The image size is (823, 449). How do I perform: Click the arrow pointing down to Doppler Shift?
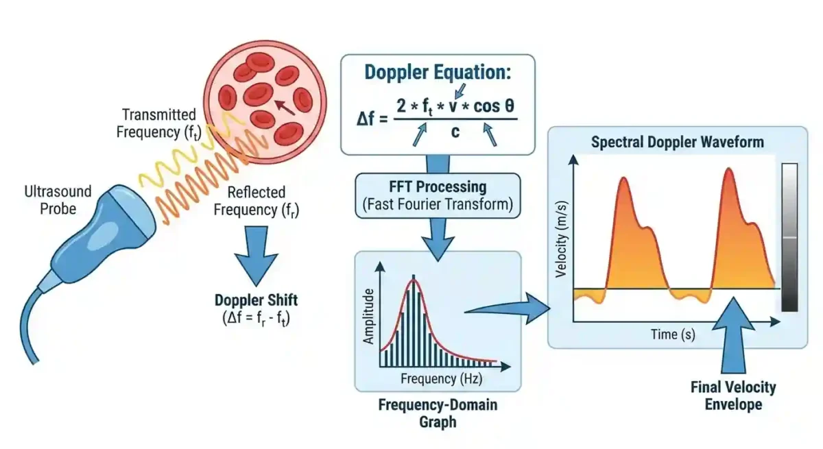(256, 259)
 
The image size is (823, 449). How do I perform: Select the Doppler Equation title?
(438, 73)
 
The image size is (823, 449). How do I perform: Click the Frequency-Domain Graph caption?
(438, 412)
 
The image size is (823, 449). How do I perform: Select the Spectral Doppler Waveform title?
(678, 143)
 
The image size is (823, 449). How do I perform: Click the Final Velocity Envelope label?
(733, 396)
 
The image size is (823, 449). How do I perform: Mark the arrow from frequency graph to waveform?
(511, 307)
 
